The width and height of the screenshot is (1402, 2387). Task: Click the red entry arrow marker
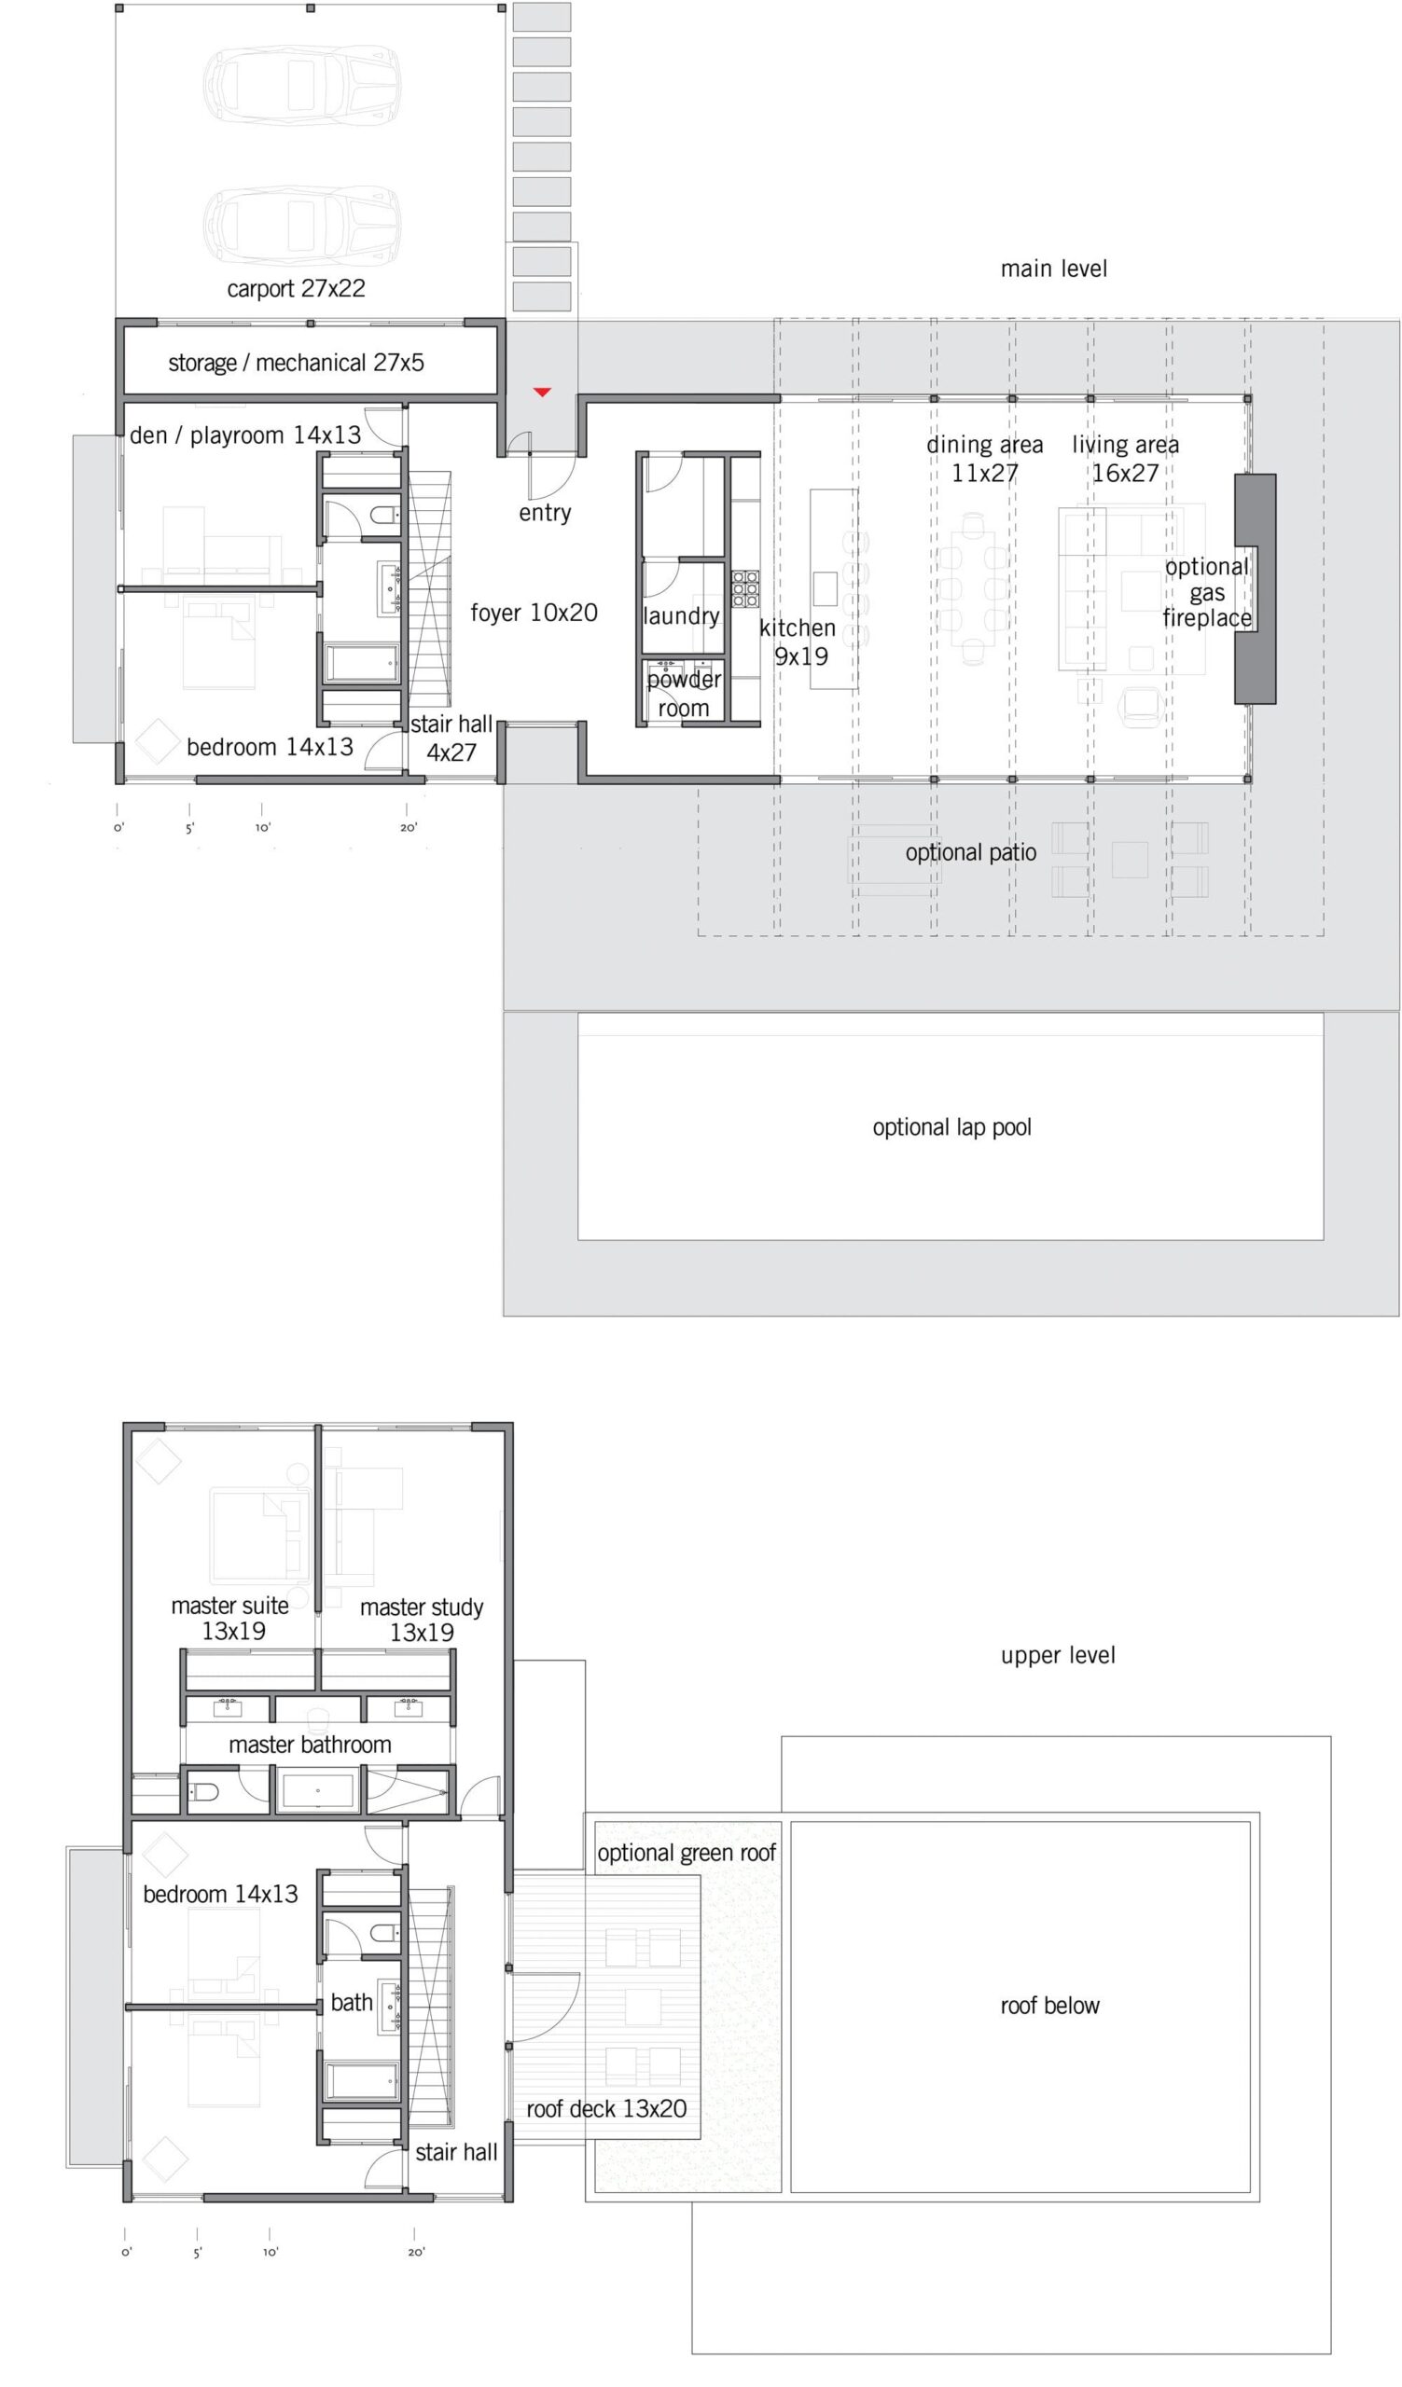(x=542, y=392)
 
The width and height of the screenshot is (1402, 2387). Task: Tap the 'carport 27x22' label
(x=296, y=288)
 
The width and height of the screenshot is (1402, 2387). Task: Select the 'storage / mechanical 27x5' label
(x=296, y=363)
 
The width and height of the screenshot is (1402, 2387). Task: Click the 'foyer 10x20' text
(x=534, y=613)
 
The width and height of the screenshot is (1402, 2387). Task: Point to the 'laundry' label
(x=681, y=615)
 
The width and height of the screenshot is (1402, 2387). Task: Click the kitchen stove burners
(x=744, y=588)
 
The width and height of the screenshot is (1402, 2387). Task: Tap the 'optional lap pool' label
(x=951, y=1127)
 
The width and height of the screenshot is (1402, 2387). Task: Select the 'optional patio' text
(x=970, y=852)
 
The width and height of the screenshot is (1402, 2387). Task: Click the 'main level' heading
(x=1053, y=269)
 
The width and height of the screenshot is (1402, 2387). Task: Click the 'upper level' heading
(x=1057, y=1655)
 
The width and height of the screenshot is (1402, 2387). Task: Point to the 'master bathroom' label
(x=310, y=1744)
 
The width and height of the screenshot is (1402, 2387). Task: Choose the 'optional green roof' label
(x=686, y=1853)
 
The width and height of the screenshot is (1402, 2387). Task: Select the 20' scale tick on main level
(x=407, y=810)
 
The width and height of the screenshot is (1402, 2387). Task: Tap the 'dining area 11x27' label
(x=984, y=459)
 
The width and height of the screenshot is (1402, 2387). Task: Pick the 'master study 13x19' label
(x=422, y=1620)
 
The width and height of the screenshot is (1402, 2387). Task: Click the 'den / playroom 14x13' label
(x=245, y=435)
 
